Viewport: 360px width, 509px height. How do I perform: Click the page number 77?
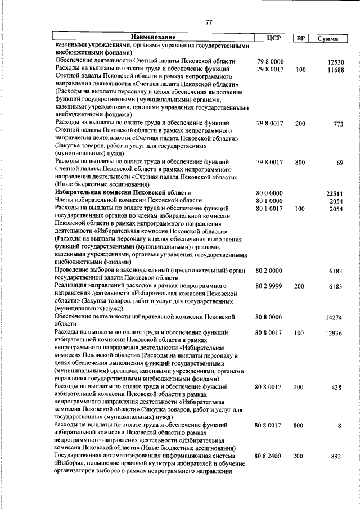[x=209, y=22]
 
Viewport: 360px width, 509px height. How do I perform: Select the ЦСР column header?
[x=273, y=38]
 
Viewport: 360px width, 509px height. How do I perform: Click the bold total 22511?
[x=335, y=193]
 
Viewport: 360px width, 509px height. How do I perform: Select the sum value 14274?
[x=335, y=318]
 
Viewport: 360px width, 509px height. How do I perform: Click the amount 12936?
[x=335, y=333]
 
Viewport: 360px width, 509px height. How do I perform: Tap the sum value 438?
[x=337, y=388]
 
